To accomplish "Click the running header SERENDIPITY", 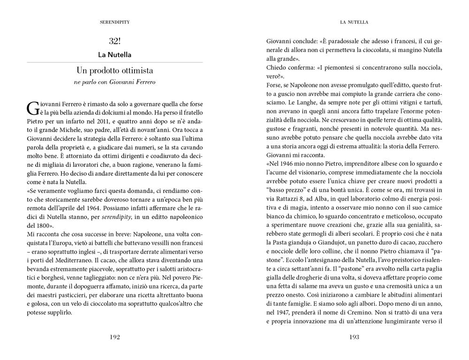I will (115, 22).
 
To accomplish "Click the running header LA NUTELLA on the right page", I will (353, 22).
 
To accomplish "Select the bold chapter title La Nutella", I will (115, 55).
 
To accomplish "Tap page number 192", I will (115, 337).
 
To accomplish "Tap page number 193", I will (353, 337).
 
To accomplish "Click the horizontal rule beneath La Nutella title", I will (115, 62).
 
